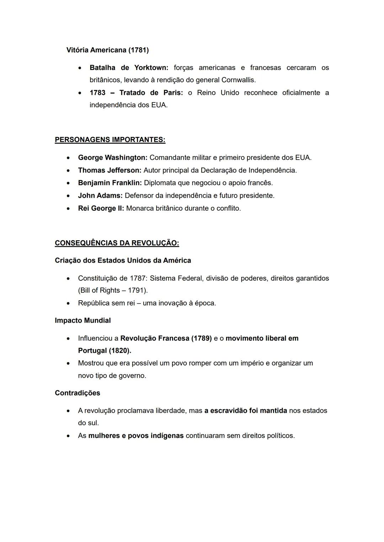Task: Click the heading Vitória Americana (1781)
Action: pyautogui.click(x=107, y=50)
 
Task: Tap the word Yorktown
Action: pyautogui.click(x=151, y=68)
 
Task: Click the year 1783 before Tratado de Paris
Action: pyautogui.click(x=97, y=93)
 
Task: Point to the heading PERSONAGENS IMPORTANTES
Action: pyautogui.click(x=110, y=140)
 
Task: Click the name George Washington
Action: pyautogui.click(x=112, y=158)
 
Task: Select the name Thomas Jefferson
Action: pyautogui.click(x=110, y=170)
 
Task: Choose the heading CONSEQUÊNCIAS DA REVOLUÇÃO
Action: pyautogui.click(x=117, y=243)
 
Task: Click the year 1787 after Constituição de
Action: pyautogui.click(x=138, y=278)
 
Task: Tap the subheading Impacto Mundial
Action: pyautogui.click(x=83, y=321)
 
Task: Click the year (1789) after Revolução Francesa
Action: pyautogui.click(x=201, y=338)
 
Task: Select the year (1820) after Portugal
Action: pyautogui.click(x=119, y=351)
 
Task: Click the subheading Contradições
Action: pyautogui.click(x=78, y=393)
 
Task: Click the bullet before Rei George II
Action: pyautogui.click(x=68, y=209)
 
